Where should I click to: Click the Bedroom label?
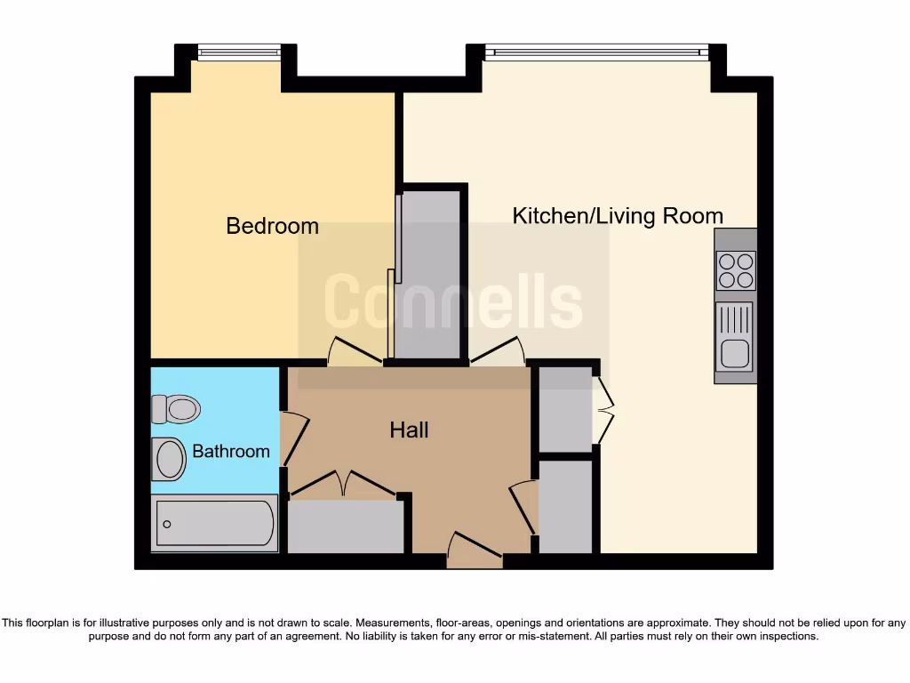point(272,226)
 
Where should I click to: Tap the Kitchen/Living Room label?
point(618,215)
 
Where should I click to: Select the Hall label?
point(409,430)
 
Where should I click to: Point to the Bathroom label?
point(231,451)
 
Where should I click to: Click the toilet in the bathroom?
point(174,409)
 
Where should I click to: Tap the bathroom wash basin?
point(167,459)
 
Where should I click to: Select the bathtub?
point(215,524)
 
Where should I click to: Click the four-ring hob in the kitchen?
point(735,271)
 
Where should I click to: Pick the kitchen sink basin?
point(734,354)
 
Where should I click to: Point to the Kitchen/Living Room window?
point(597,52)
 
